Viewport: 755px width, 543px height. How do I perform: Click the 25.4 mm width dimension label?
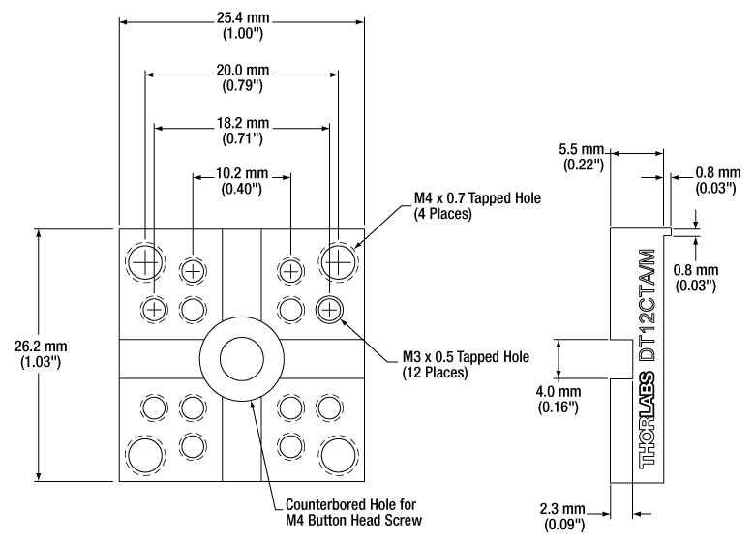point(243,17)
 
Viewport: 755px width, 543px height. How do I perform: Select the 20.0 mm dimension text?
point(243,71)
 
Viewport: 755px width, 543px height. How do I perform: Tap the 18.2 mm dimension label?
point(243,123)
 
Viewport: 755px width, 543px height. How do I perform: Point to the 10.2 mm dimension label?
point(242,173)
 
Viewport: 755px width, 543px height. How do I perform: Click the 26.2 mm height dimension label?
point(41,347)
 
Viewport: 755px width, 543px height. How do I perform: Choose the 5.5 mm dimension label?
point(581,149)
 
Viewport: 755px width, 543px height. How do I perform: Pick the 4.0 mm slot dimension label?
point(559,391)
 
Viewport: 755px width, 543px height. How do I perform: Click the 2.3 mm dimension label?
point(562,509)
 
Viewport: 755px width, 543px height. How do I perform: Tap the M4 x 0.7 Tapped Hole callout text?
point(477,205)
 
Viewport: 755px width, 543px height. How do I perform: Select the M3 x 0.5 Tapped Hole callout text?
point(466,364)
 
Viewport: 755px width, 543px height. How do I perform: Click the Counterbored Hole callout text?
point(353,512)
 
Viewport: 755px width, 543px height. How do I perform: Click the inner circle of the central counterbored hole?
point(242,359)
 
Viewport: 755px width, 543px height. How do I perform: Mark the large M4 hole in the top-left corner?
point(145,263)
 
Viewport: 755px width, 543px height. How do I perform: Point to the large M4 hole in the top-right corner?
point(338,263)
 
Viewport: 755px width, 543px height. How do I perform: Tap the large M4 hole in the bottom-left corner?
point(145,455)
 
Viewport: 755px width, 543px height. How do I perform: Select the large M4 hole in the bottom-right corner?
point(338,455)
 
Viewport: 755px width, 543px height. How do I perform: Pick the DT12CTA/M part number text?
point(648,305)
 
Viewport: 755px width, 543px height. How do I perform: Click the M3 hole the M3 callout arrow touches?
point(329,309)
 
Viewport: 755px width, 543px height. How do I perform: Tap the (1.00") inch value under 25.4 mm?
point(243,34)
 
